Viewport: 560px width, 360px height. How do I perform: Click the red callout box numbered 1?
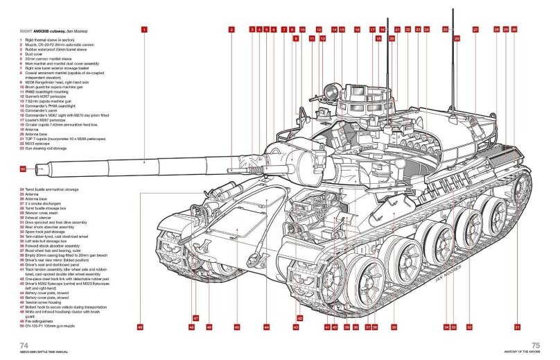[143, 30]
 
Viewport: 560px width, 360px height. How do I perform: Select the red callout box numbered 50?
[23, 169]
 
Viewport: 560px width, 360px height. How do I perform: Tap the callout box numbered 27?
[475, 30]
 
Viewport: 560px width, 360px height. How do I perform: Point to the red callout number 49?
[141, 326]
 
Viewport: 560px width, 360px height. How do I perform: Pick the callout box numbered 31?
[516, 326]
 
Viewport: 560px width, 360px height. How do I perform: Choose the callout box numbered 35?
[394, 326]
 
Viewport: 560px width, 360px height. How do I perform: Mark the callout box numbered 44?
[267, 326]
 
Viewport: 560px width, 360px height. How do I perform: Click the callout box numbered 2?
[231, 30]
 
